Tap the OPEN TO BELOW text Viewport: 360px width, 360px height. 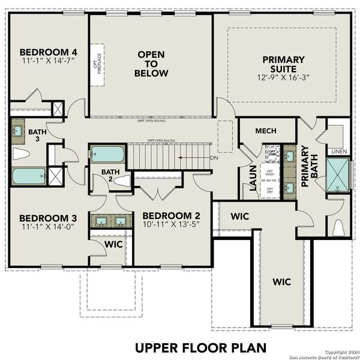(x=151, y=64)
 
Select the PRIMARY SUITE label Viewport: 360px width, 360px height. (x=283, y=59)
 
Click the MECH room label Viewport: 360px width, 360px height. (x=265, y=131)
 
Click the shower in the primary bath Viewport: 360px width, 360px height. (x=338, y=175)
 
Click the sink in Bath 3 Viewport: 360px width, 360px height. (x=18, y=130)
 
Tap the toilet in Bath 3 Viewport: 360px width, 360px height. (x=20, y=154)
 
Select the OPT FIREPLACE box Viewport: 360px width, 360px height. (x=97, y=64)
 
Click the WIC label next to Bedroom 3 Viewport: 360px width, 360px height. (x=113, y=245)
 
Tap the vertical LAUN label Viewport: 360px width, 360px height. (x=253, y=178)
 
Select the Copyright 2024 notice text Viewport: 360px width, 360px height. (x=339, y=352)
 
